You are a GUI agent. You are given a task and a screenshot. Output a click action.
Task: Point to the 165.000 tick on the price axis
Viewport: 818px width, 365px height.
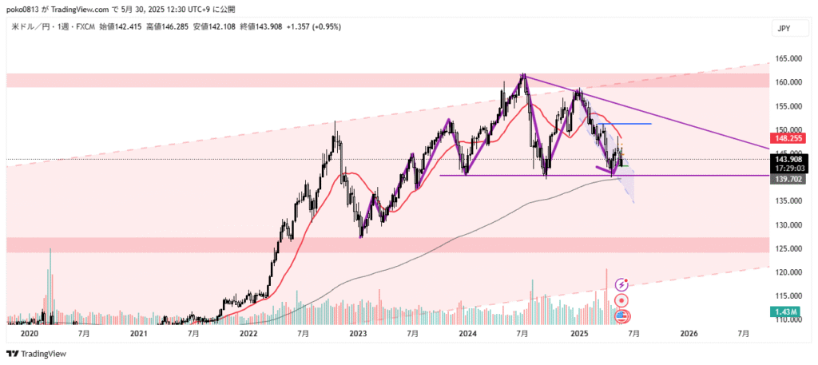(787, 59)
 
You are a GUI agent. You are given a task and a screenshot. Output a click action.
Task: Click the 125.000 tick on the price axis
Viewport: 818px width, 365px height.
(787, 248)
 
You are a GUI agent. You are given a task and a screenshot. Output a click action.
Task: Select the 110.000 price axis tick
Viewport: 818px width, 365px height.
(787, 319)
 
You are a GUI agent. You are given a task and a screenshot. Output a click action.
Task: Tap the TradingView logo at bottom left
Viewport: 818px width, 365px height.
(37, 354)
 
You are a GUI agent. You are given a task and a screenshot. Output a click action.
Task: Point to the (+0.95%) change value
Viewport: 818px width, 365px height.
(326, 26)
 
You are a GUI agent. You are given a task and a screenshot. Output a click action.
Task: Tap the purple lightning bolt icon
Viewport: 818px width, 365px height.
(621, 284)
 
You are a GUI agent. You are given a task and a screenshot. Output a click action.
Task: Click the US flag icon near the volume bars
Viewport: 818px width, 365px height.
(621, 317)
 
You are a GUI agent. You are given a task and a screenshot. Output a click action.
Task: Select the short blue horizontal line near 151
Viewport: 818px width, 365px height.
(623, 124)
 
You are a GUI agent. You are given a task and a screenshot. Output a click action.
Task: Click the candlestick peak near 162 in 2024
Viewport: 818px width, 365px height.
(523, 75)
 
